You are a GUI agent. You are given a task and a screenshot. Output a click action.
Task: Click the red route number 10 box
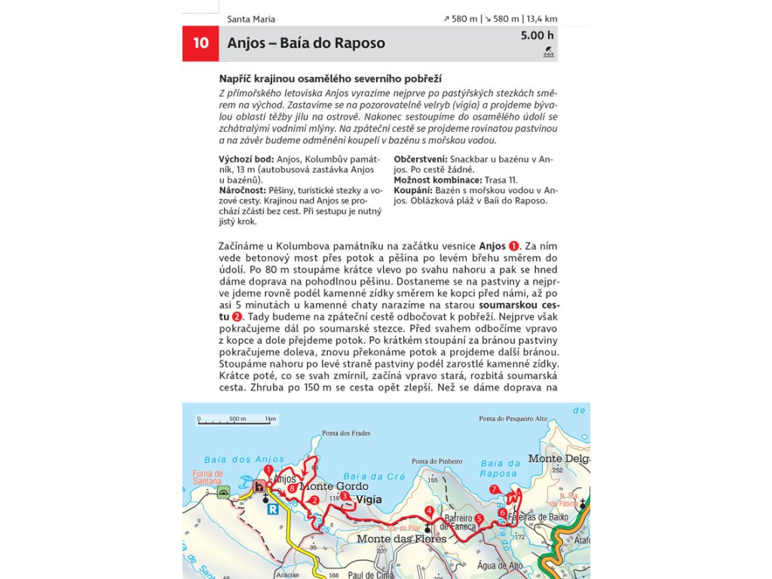pos(201,44)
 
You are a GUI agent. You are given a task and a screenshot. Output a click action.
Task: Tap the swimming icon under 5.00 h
pos(549,53)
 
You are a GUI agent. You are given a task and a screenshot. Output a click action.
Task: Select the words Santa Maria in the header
pos(251,19)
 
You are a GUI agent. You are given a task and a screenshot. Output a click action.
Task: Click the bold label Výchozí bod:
pos(247,160)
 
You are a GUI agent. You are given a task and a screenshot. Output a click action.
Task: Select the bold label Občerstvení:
pos(421,160)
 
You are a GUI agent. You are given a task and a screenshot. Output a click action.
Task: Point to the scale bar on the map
pos(237,421)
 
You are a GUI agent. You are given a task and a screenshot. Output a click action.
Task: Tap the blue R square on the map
pos(273,509)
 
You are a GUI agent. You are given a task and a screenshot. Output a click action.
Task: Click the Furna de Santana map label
pos(207,477)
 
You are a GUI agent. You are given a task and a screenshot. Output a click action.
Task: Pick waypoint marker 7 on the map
pos(494,489)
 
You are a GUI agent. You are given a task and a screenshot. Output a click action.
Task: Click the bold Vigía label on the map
pos(369,499)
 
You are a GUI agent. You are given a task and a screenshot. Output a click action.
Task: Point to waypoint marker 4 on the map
pos(429,510)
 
